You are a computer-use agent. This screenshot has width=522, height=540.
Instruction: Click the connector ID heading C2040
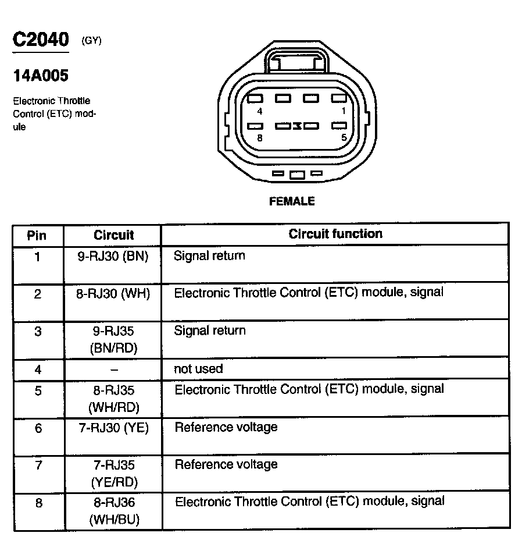41,40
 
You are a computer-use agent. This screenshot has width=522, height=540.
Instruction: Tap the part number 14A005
41,76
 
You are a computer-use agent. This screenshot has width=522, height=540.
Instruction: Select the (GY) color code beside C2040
92,41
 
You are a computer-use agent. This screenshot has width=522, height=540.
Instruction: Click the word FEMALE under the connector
292,201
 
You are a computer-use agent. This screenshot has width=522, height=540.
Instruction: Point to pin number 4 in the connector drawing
259,111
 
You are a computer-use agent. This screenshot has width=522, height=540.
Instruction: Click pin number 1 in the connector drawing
344,111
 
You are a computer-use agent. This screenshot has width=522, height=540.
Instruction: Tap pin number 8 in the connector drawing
259,138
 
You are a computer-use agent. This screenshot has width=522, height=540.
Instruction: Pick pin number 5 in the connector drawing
344,138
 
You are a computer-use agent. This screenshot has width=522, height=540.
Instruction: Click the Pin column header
37,236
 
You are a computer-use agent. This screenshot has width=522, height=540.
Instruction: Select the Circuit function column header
335,234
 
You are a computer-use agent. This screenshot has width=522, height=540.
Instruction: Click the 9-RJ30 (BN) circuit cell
113,256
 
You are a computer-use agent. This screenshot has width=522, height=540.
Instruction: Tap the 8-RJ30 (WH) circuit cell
113,294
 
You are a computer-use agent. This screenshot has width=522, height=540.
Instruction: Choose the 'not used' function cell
198,369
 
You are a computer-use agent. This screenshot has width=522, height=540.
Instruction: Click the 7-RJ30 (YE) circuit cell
113,428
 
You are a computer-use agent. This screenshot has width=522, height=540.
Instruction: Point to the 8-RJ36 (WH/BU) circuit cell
114,510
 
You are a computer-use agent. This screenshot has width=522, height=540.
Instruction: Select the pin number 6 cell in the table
38,428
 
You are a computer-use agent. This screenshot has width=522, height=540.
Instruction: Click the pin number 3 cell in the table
38,332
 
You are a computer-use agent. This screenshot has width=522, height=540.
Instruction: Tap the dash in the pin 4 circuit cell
114,370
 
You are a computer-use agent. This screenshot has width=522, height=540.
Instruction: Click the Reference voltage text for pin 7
226,464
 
